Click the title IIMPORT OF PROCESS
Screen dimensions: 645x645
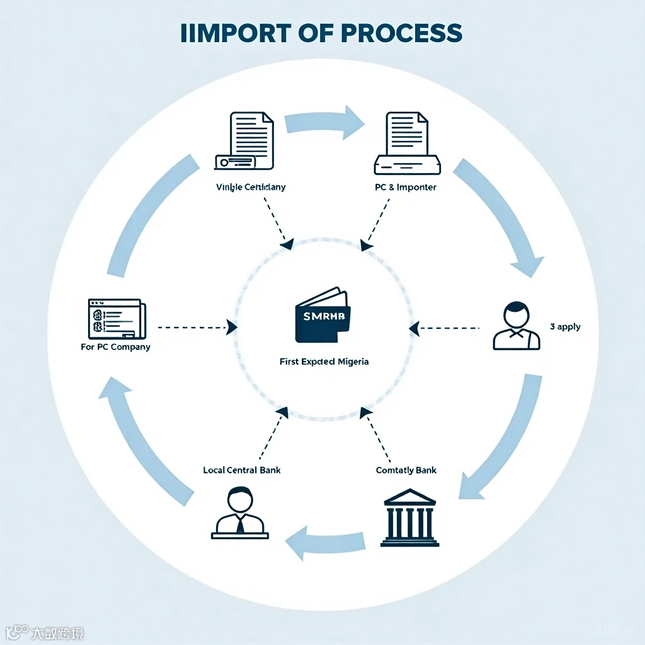321,33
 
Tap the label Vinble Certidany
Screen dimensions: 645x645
251,187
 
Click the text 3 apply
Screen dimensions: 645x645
565,327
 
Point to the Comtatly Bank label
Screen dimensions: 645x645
406,471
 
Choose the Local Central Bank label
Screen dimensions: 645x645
242,470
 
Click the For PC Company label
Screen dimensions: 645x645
116,346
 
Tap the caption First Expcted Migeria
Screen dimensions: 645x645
324,362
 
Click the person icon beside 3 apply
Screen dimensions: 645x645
515,326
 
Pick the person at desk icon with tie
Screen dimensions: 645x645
239,513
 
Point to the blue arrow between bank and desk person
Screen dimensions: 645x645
325,542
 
